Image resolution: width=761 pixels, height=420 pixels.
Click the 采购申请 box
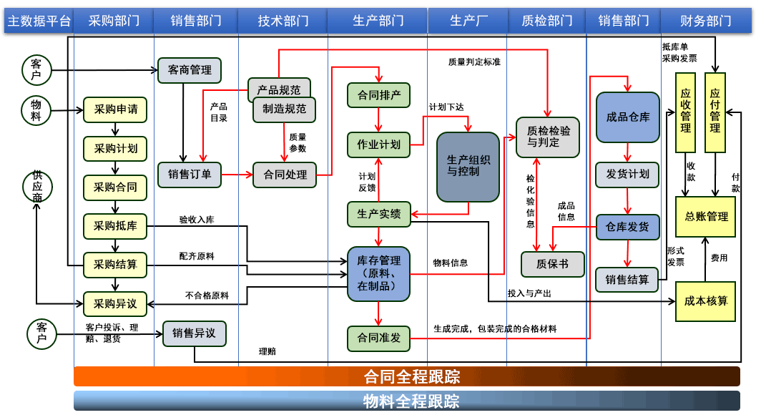pyautogui.click(x=115, y=109)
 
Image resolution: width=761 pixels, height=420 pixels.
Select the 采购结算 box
pyautogui.click(x=115, y=265)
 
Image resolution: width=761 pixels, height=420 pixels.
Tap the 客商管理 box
pyautogui.click(x=190, y=70)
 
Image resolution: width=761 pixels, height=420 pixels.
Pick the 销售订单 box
pyautogui.click(x=190, y=174)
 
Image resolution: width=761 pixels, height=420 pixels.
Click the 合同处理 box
pyautogui.click(x=285, y=175)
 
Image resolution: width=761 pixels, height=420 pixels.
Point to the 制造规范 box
pyautogui.click(x=285, y=109)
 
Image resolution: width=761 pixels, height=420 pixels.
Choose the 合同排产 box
pyautogui.click(x=378, y=94)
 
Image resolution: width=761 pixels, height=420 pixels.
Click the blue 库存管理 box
pyautogui.click(x=378, y=273)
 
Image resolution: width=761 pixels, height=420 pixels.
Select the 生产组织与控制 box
pyautogui.click(x=468, y=167)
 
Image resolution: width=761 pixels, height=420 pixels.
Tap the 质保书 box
pyautogui.click(x=552, y=264)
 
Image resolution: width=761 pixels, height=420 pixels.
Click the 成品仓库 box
pyautogui.click(x=627, y=117)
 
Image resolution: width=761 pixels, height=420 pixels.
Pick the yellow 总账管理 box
pyautogui.click(x=705, y=216)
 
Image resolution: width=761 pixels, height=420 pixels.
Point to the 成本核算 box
pyautogui.click(x=705, y=301)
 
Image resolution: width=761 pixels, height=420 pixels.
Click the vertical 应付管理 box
pyautogui.click(x=715, y=112)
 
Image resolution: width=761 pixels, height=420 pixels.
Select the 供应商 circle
pyautogui.click(x=36, y=187)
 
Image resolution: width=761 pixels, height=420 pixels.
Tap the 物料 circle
pyautogui.click(x=36, y=110)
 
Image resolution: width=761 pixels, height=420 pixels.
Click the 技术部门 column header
pyautogui.click(x=283, y=21)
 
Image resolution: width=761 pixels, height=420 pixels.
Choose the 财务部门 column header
pyautogui.click(x=705, y=21)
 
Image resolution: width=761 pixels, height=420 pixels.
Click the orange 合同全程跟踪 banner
pyautogui.click(x=407, y=376)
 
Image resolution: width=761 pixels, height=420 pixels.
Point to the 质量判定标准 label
pyautogui.click(x=474, y=62)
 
